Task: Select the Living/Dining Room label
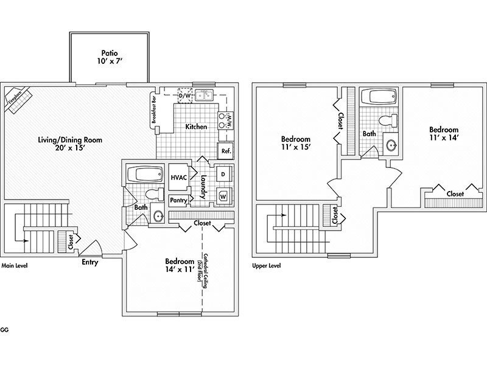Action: pyautogui.click(x=76, y=144)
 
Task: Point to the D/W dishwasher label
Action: pyautogui.click(x=184, y=96)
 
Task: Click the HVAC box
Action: pyautogui.click(x=178, y=177)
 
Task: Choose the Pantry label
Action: pyautogui.click(x=178, y=200)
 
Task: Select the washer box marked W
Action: pyautogui.click(x=223, y=196)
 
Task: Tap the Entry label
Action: pyautogui.click(x=90, y=263)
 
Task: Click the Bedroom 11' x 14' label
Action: pyautogui.click(x=444, y=134)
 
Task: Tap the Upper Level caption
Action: pyautogui.click(x=267, y=266)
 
